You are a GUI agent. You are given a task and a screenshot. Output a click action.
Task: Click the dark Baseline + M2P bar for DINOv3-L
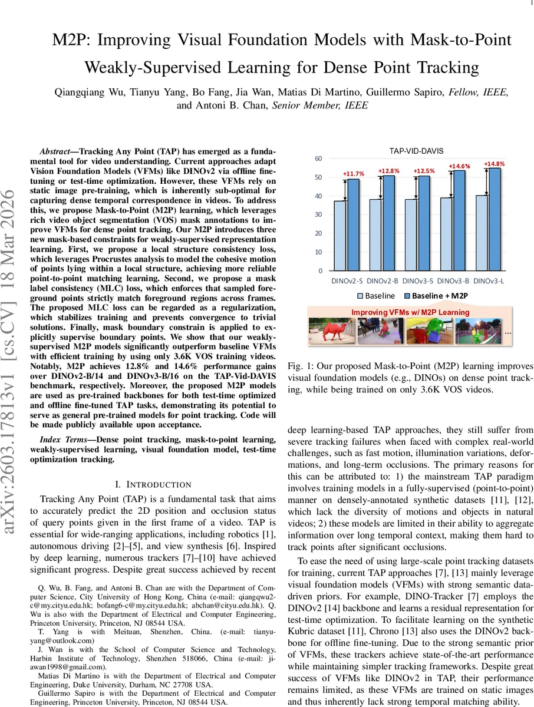495,219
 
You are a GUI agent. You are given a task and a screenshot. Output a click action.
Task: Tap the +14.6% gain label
459,166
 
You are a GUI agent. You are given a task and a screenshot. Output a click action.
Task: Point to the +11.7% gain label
354,174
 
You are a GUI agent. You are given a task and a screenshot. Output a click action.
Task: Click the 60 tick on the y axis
318,158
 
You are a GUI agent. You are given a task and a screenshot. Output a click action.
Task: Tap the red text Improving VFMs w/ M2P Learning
410,312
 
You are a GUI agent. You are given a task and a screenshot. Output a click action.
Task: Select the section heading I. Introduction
153,484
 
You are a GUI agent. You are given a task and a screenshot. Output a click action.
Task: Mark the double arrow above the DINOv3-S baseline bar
416,188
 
